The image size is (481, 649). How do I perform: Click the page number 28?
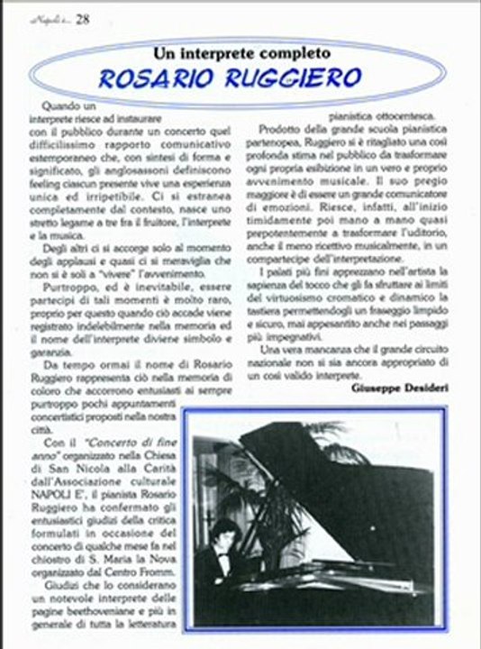click(82, 17)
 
